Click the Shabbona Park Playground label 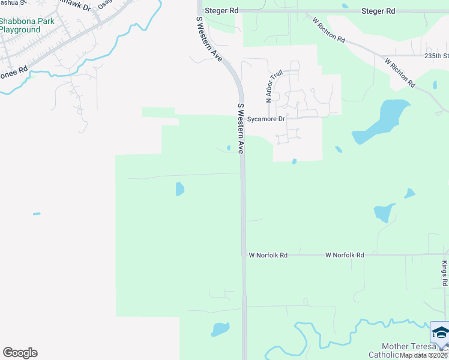tap(27, 25)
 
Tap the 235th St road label tap(436, 55)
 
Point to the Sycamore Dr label tap(266, 119)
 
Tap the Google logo tap(20, 353)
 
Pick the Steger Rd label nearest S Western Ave tap(221, 11)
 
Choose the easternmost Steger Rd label tap(378, 11)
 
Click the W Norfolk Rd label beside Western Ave tap(268, 255)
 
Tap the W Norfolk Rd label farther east tap(345, 255)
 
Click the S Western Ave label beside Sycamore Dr tap(241, 129)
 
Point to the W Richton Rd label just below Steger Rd tap(328, 29)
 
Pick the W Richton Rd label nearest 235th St tap(400, 73)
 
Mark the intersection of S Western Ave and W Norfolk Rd tap(243, 255)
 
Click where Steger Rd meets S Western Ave tap(200, 11)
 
